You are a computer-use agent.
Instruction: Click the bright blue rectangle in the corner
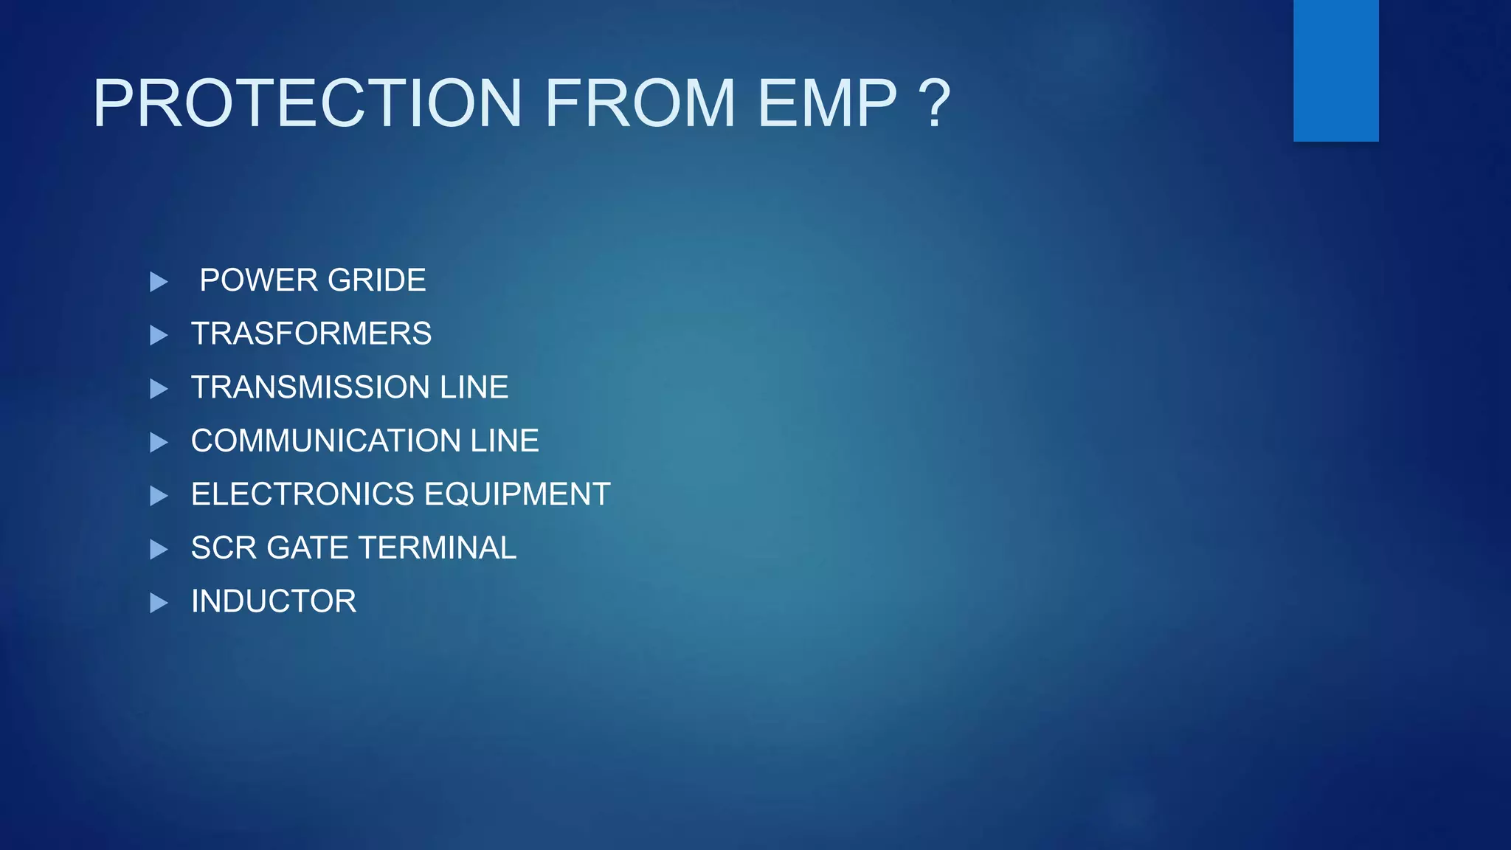1335,70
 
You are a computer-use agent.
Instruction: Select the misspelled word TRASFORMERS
311,334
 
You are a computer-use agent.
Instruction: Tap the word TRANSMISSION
311,387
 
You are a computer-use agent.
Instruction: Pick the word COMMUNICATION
325,441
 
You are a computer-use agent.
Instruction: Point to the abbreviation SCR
224,548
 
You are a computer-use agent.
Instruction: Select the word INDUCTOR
274,601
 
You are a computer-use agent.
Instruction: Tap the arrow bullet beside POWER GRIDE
159,281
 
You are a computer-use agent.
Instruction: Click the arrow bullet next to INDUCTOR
159,603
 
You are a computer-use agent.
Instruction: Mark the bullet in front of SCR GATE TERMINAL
159,549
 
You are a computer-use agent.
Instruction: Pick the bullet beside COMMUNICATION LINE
159,442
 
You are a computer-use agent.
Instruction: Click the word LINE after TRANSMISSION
474,387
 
